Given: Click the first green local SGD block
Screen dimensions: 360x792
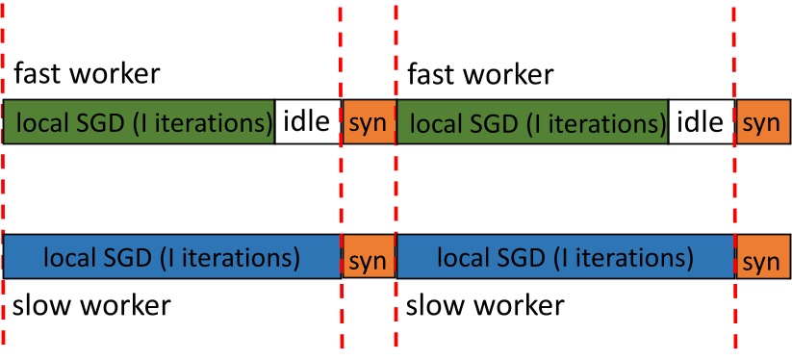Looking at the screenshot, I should [x=140, y=121].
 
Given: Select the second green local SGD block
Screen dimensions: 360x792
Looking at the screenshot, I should [x=532, y=121].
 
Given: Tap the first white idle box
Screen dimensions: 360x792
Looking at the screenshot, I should [x=308, y=121].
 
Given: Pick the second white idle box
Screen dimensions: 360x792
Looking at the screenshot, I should [x=702, y=121].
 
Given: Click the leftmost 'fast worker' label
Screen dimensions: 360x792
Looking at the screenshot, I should [x=88, y=73].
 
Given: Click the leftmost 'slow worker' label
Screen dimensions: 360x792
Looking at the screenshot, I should [x=92, y=307].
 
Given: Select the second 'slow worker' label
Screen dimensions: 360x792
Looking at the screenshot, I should [x=485, y=307].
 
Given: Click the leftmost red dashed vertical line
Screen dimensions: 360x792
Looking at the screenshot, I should [x=4, y=193].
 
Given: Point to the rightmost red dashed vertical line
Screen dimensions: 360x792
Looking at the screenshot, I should [x=735, y=193].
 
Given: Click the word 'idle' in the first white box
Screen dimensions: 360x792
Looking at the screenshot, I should [x=308, y=121].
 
